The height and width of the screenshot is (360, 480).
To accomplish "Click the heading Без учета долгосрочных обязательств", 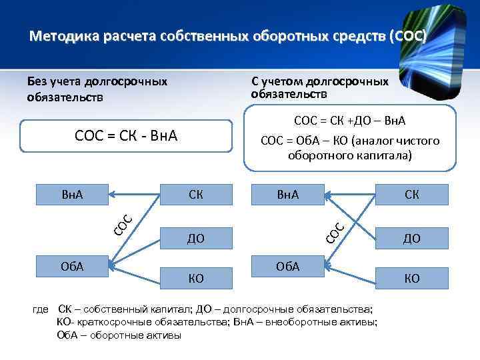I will point(97,89).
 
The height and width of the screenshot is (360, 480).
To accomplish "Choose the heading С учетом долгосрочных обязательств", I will point(320,87).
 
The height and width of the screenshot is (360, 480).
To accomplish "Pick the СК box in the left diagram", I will point(196,195).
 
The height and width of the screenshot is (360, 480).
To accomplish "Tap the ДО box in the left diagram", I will point(196,238).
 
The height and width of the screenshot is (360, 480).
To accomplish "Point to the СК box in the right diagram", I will point(411,195).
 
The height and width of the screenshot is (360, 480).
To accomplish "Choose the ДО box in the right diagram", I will point(411,238).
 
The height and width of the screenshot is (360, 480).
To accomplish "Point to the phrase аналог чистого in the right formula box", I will point(406,141).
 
